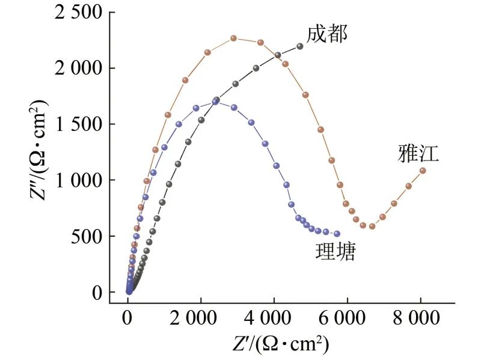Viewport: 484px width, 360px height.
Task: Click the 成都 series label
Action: tap(327, 34)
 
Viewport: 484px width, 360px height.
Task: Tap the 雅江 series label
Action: tap(418, 154)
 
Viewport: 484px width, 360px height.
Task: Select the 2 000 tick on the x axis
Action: tap(201, 317)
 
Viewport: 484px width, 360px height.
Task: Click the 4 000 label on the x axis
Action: tap(274, 317)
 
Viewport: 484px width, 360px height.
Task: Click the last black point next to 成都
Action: tap(300, 46)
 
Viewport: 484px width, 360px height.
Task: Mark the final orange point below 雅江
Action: tap(423, 170)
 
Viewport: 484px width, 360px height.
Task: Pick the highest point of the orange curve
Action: tap(234, 38)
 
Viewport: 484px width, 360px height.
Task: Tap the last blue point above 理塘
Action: tap(337, 234)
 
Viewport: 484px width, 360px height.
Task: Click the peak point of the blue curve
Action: tap(215, 102)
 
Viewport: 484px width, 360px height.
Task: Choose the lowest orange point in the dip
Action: tap(372, 227)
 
